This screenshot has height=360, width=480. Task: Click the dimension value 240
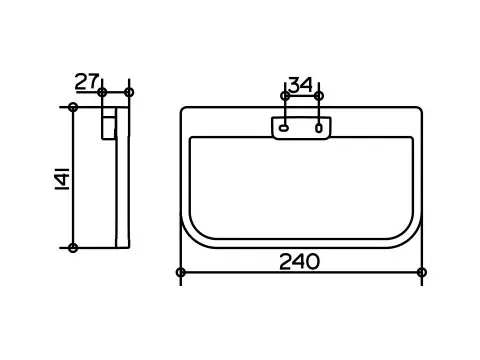tap(299, 262)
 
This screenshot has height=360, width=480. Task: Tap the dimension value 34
tap(300, 85)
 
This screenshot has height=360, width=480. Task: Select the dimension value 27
tap(87, 81)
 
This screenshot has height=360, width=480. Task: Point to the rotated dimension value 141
tap(62, 179)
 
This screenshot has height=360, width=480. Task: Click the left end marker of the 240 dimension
tap(181, 272)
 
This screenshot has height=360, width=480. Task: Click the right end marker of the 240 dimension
tap(422, 272)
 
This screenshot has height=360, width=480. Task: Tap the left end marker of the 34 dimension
tap(285, 96)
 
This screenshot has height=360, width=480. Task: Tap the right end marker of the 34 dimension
tap(319, 96)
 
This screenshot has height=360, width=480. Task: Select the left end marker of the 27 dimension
tap(102, 92)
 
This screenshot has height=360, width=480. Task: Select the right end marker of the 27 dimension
tap(129, 92)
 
